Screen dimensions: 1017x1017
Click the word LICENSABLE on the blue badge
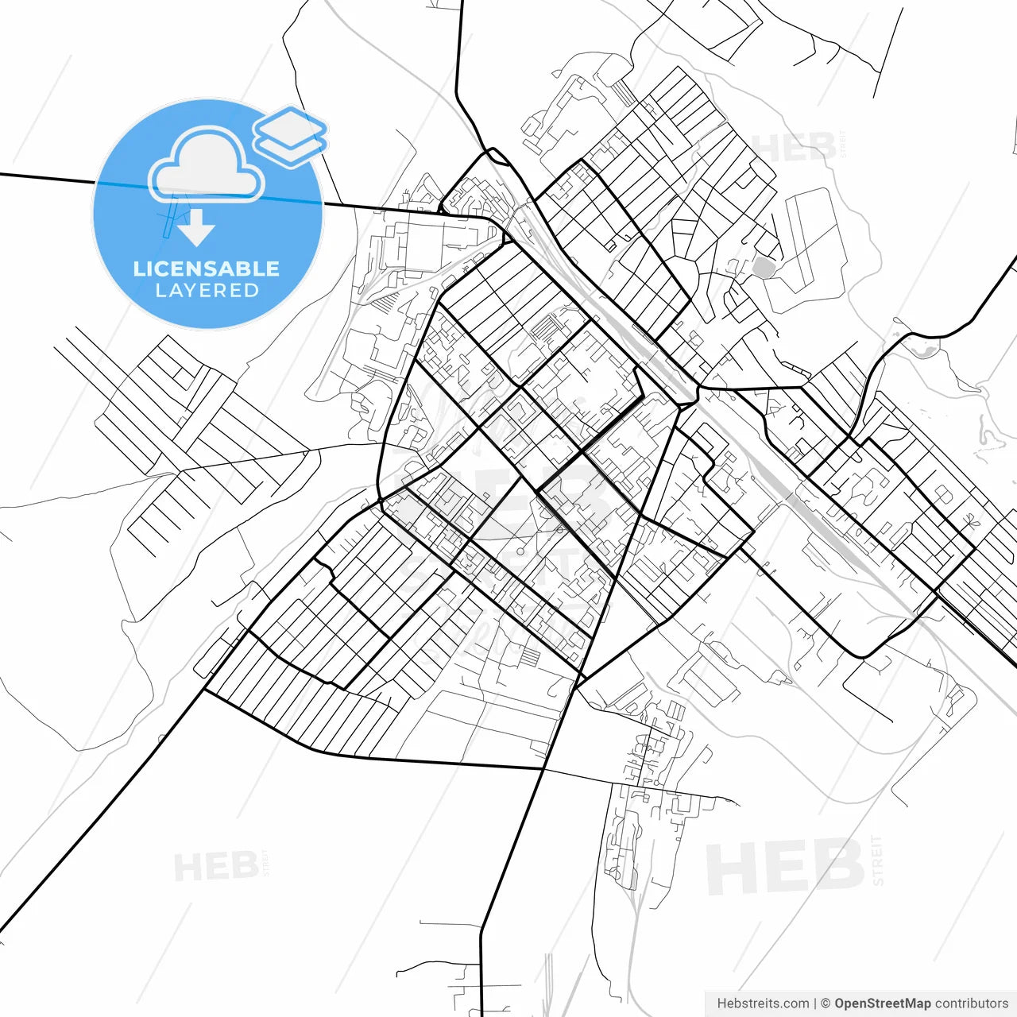click(207, 269)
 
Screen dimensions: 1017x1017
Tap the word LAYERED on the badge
click(207, 291)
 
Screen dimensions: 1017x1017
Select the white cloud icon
click(207, 165)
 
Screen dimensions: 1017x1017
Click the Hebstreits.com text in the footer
click(763, 1003)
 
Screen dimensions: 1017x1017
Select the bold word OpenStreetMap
click(882, 1003)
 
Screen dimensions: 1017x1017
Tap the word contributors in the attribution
click(971, 1003)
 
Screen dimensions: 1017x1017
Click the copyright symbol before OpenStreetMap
click(826, 1003)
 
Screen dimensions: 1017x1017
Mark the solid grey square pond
click(764, 268)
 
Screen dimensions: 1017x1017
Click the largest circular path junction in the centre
click(520, 551)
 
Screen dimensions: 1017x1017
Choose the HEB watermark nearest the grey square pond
click(795, 148)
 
